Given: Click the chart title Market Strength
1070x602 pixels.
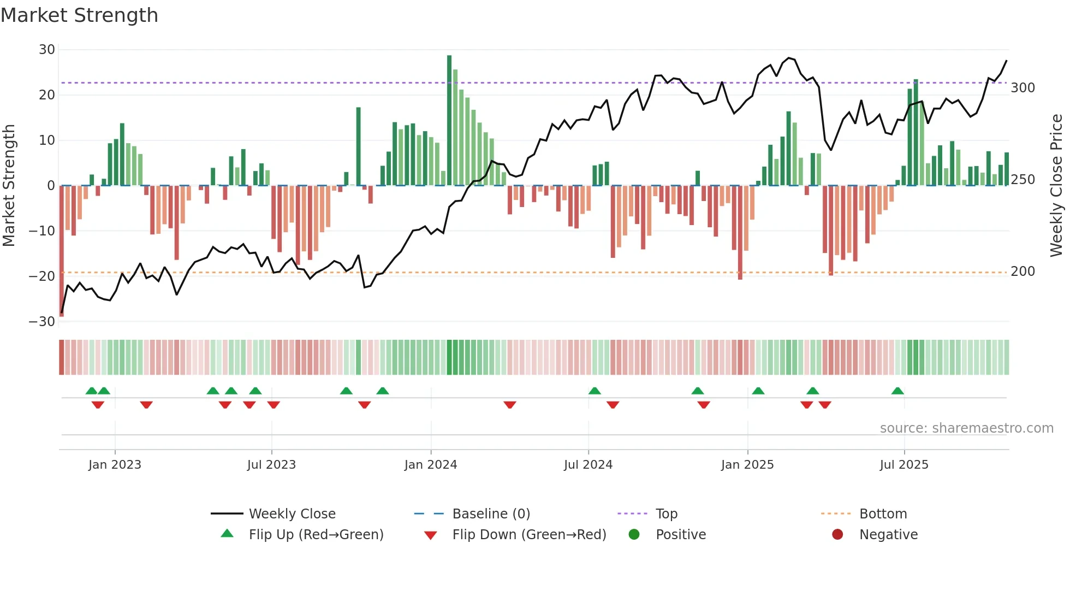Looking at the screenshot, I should (80, 15).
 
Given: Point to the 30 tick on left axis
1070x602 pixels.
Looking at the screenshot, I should (47, 50).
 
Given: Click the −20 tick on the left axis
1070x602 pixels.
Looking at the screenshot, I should (42, 276).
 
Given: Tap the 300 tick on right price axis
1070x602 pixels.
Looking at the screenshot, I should (1023, 88).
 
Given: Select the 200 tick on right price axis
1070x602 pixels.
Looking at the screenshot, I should (1023, 272).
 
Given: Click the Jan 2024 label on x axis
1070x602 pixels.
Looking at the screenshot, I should (431, 465).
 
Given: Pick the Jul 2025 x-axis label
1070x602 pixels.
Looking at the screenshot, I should (904, 465).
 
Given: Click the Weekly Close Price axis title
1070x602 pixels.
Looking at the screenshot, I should (1056, 186).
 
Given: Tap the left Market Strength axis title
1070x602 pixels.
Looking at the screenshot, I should (9, 186).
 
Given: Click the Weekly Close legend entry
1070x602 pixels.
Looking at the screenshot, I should (292, 514).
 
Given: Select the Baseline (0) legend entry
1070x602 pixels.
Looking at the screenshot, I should (491, 514).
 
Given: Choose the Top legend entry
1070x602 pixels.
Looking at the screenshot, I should (666, 514).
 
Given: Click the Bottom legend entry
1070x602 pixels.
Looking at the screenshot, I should (883, 514).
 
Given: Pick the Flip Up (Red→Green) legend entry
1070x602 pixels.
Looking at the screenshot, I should (316, 535).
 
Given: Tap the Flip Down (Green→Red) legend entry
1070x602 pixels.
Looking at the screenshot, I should (529, 535).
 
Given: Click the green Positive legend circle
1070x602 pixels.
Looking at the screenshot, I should (634, 534).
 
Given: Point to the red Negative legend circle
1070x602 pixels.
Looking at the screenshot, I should (837, 534).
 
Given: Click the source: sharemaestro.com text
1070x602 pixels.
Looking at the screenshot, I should (966, 428).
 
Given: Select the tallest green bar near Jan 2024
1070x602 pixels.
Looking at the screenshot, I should (449, 120).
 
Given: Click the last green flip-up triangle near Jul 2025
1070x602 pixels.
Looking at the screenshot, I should (897, 391).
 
